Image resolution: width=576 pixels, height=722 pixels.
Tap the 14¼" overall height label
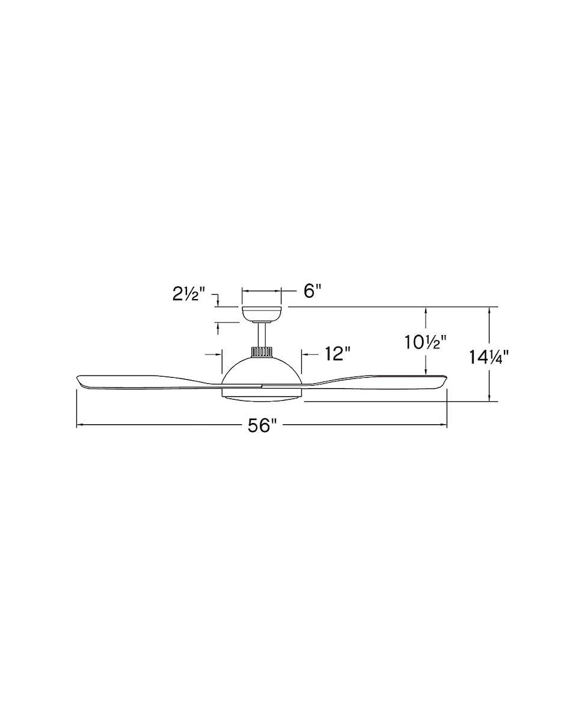[489, 357]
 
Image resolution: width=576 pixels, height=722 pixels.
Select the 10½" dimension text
[426, 342]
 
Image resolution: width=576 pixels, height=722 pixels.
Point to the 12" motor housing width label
[337, 354]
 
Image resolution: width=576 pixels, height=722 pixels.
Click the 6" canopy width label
[313, 291]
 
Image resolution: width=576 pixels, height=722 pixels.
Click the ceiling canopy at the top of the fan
[262, 313]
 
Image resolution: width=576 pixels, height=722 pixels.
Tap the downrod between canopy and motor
[262, 335]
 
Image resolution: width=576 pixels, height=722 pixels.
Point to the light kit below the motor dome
[262, 392]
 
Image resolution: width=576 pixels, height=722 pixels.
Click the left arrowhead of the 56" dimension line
[79, 425]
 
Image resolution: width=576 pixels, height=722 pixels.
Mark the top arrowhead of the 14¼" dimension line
[491, 310]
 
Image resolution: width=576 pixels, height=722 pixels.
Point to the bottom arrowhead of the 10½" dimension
[426, 372]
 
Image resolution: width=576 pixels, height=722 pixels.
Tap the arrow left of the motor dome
[218, 354]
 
